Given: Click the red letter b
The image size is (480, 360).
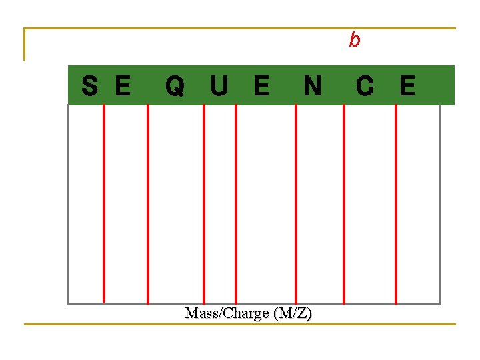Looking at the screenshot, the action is (x=355, y=41).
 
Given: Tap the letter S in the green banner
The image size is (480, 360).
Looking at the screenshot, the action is (x=90, y=86).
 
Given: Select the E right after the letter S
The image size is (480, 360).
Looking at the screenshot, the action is (x=122, y=86).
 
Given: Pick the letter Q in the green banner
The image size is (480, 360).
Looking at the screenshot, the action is (x=175, y=86).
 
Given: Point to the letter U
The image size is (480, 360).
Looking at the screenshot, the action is (x=219, y=86).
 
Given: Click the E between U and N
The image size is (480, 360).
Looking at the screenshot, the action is (x=261, y=86).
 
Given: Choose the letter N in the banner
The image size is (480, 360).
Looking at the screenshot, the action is (x=312, y=86).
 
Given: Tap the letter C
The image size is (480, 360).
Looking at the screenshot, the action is (x=365, y=86).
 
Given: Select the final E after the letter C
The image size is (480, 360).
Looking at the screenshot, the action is (x=407, y=86).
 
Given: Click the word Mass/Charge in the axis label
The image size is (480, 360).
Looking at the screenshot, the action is (x=225, y=313).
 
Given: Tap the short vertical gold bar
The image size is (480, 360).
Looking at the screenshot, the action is (x=25, y=45).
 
